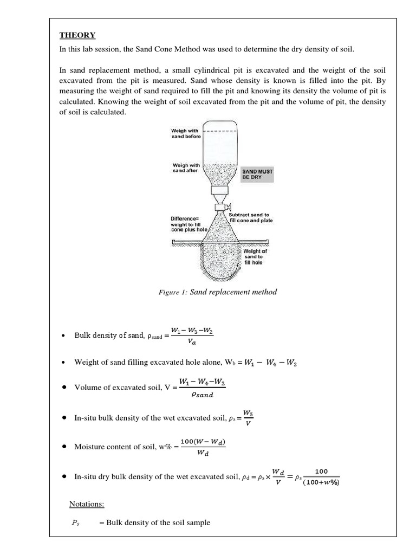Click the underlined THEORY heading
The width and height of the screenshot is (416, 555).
tap(77, 35)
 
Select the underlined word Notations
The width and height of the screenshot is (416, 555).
tap(87, 504)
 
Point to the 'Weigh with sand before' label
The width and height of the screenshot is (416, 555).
tap(185, 133)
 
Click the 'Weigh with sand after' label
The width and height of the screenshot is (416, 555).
tap(185, 168)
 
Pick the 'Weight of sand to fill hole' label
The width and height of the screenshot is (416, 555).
tap(255, 256)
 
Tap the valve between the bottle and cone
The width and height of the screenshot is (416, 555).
tap(220, 208)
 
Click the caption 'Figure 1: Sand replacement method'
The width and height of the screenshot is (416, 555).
tap(217, 292)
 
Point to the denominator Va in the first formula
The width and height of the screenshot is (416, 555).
tap(192, 342)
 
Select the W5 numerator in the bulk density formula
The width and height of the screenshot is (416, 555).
tap(249, 412)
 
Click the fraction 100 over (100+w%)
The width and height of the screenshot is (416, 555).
tap(321, 477)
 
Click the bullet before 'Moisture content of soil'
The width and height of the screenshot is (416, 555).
tap(64, 447)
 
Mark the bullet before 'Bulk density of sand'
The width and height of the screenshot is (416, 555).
tap(64, 335)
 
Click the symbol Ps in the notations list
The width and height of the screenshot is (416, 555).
tap(75, 523)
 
